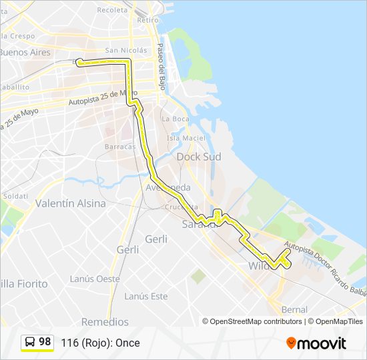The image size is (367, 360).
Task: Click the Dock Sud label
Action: pyautogui.click(x=199, y=157)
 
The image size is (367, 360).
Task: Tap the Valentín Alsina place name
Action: pyautogui.click(x=70, y=203)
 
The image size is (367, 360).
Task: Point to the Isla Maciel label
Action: pyautogui.click(x=186, y=138)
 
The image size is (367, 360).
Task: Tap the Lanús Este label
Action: pyautogui.click(x=145, y=296)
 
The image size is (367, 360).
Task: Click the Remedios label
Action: pyautogui.click(x=105, y=322)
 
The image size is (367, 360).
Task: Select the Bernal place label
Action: pyautogui.click(x=294, y=310)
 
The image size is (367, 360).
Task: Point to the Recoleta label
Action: pyautogui.click(x=112, y=10)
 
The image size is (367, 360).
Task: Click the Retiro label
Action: pyautogui.click(x=147, y=20)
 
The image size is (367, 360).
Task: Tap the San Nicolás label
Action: pyautogui.click(x=125, y=50)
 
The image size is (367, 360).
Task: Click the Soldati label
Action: pyautogui.click(x=15, y=197)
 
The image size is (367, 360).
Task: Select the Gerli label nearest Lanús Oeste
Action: pyautogui.click(x=127, y=250)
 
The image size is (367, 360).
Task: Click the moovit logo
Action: pyautogui.click(x=316, y=343)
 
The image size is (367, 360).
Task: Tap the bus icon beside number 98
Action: pyautogui.click(x=30, y=342)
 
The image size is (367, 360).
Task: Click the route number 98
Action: pyautogui.click(x=45, y=342)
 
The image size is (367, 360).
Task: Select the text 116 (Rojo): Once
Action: pyautogui.click(x=100, y=343)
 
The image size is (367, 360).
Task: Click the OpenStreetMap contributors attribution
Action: pyautogui.click(x=256, y=321)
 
